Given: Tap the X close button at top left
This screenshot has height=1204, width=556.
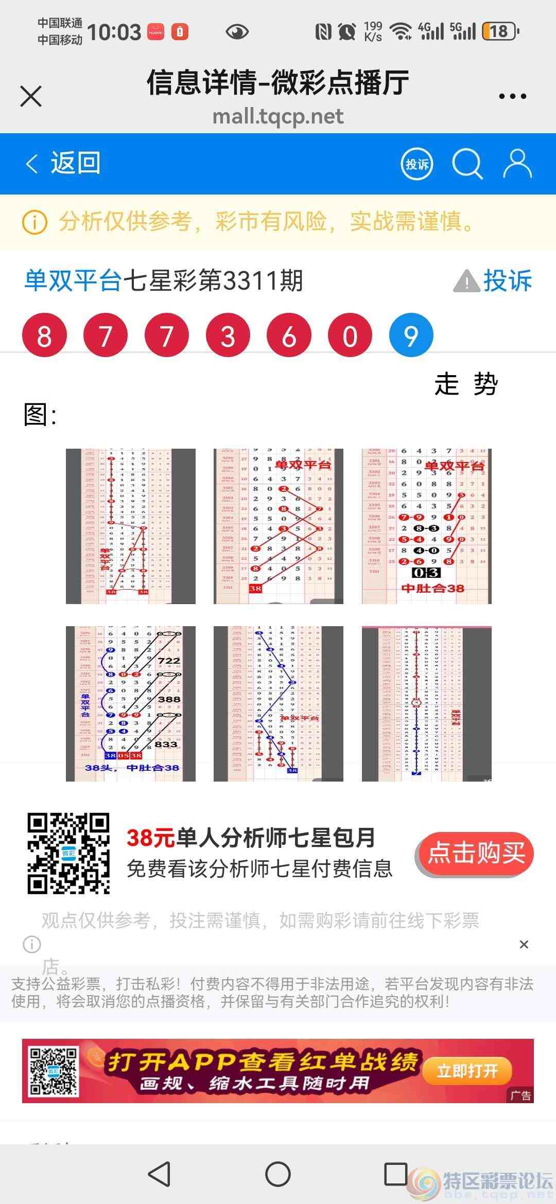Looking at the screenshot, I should [x=31, y=96].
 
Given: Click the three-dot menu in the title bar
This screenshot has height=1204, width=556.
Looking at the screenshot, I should [x=512, y=96].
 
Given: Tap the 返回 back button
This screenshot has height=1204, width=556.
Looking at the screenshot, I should [x=63, y=164].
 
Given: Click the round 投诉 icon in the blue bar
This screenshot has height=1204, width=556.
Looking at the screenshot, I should [x=416, y=164].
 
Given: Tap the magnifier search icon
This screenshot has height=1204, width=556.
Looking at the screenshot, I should [x=467, y=164].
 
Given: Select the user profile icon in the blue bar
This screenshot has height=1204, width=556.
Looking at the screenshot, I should [x=517, y=164].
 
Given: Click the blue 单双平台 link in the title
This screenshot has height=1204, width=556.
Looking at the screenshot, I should [x=73, y=281].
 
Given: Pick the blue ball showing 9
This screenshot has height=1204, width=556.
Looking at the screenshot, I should [x=411, y=335].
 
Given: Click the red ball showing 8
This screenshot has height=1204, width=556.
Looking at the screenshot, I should [x=44, y=335].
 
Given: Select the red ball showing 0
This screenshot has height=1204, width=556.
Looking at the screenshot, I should [x=350, y=335].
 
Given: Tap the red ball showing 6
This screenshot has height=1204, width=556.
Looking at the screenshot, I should [x=289, y=335].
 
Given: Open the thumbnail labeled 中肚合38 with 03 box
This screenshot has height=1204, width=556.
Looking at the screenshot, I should [x=426, y=526].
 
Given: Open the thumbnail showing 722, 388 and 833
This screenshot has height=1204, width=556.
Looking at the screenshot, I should [x=131, y=703].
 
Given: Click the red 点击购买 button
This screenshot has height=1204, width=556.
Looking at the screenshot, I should [x=475, y=854].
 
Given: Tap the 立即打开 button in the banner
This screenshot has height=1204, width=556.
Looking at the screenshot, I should [x=467, y=1071].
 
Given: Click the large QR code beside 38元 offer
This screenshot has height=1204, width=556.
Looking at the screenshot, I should [x=68, y=854].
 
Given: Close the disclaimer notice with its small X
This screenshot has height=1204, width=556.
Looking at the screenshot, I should [x=524, y=944].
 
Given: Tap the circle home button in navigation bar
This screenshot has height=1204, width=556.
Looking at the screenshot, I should [x=278, y=1174].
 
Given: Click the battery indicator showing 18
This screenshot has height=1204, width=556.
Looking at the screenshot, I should [x=499, y=32].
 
